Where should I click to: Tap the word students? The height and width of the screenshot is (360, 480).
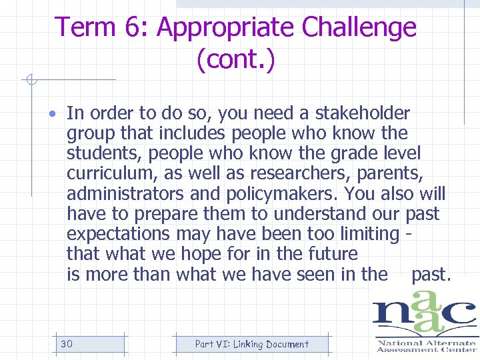tap(104, 153)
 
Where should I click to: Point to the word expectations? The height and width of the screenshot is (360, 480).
tap(119, 234)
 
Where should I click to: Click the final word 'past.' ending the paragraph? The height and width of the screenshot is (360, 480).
tap(431, 274)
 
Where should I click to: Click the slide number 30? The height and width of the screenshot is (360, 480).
tap(66, 344)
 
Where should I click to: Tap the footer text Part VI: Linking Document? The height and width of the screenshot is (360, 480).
tap(251, 344)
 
